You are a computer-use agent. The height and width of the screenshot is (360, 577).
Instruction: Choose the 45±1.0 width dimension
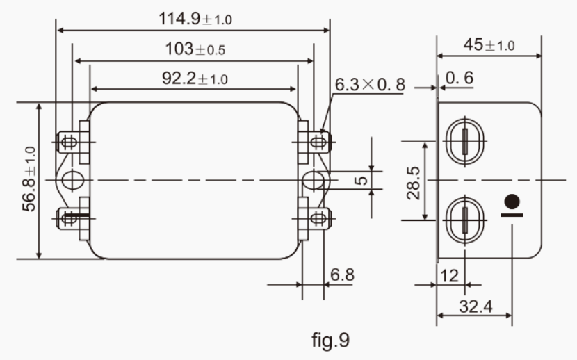click(x=489, y=45)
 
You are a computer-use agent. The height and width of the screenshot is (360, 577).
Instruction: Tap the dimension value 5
click(x=361, y=180)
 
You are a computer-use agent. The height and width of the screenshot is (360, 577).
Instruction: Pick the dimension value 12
click(x=449, y=275)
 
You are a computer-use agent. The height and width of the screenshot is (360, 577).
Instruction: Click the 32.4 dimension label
click(x=474, y=306)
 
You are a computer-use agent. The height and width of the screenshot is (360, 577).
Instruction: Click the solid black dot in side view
click(x=512, y=202)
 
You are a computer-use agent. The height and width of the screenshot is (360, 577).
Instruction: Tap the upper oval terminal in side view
click(x=463, y=141)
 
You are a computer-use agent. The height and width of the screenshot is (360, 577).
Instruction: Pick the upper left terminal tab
click(x=68, y=142)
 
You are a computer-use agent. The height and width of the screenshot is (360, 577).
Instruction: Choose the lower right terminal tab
click(x=317, y=218)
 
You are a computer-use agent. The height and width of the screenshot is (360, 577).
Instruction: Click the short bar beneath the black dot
click(x=512, y=215)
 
